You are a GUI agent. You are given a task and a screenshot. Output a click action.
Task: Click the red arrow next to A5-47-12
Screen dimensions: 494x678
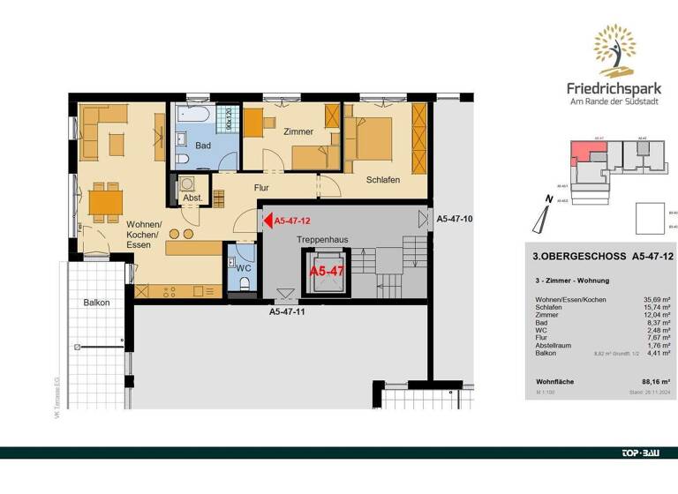(x=267, y=221)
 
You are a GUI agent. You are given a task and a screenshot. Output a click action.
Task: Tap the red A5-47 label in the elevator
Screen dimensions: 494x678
(x=326, y=271)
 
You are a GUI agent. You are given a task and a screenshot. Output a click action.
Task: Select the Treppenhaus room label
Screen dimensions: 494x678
(x=314, y=239)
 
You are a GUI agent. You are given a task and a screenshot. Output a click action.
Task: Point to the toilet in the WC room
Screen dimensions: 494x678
(x=244, y=281)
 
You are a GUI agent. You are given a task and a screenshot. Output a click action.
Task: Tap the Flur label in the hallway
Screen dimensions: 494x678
(x=261, y=188)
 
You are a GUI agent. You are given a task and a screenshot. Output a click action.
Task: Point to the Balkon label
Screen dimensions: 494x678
(x=96, y=303)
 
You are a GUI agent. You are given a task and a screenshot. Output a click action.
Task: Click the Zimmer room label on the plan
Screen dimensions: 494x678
(x=298, y=131)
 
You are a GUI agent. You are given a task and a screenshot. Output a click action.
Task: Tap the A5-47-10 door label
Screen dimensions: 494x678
(x=456, y=216)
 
